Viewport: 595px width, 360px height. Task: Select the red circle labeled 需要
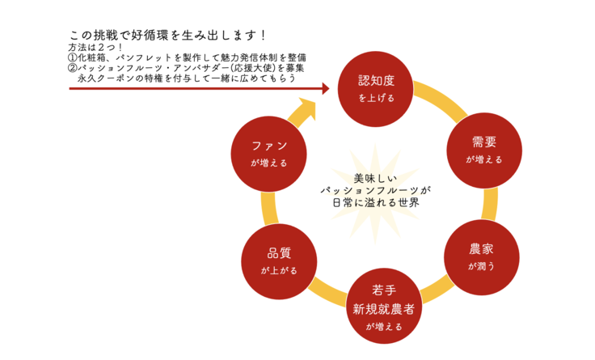(483, 149)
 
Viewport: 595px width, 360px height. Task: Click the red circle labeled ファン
(268, 152)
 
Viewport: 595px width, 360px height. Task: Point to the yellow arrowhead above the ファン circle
(305, 108)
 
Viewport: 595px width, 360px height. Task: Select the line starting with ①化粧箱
(187, 58)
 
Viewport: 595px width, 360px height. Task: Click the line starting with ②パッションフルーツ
(186, 69)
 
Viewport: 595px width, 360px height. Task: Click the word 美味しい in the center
(376, 177)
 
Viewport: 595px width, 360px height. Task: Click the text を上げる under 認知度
(377, 98)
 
